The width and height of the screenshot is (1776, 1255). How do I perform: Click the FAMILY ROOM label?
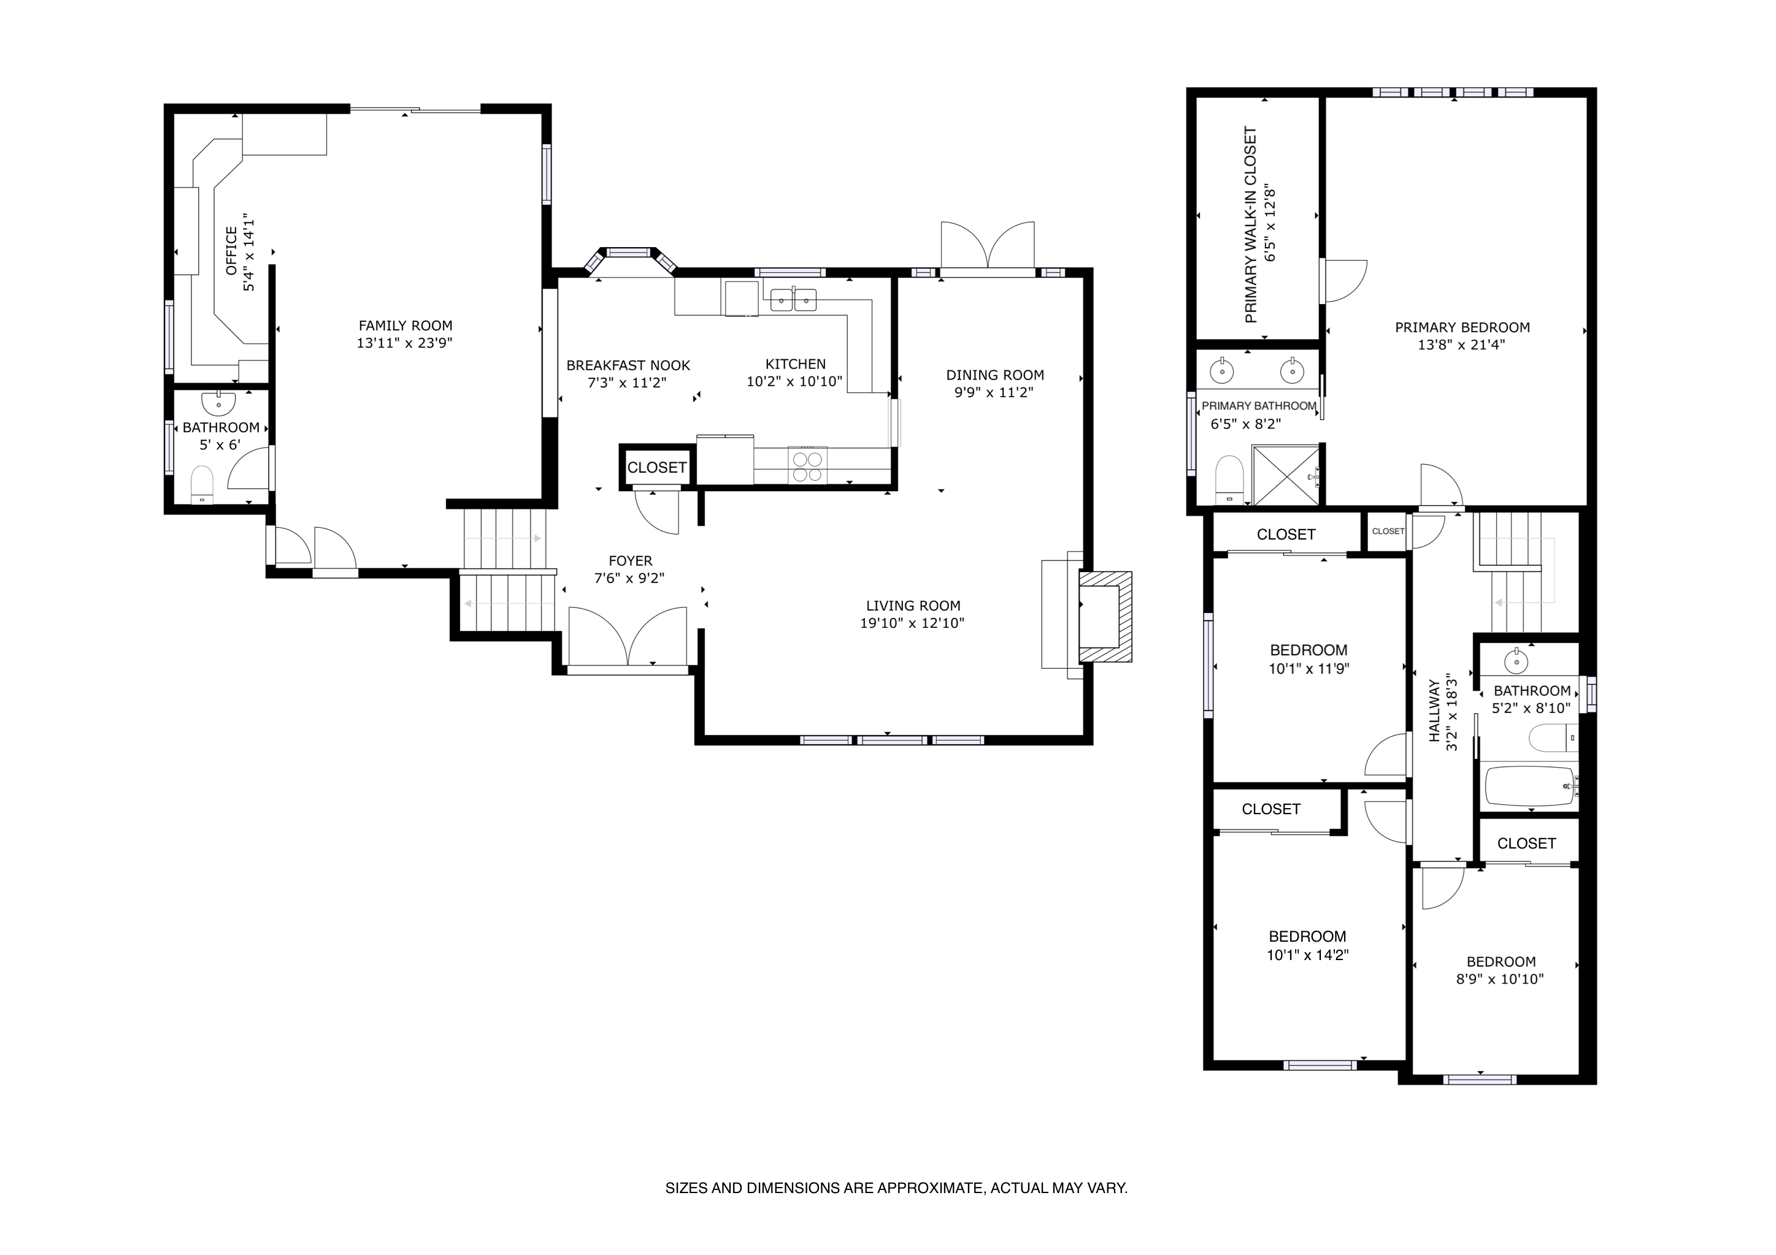pyautogui.click(x=406, y=326)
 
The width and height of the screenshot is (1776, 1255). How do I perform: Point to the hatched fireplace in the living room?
pyautogui.click(x=1105, y=616)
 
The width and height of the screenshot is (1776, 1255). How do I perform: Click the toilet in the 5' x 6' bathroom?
pyautogui.click(x=202, y=484)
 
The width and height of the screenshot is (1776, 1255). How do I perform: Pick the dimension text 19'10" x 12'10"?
pyautogui.click(x=912, y=624)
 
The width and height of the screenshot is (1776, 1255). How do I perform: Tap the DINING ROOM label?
pyautogui.click(x=995, y=376)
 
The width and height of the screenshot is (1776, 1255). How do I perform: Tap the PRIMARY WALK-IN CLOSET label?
pyautogui.click(x=1251, y=225)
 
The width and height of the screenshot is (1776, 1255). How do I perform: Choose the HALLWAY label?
pyautogui.click(x=1435, y=711)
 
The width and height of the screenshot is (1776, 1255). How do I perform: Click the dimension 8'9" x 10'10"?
pyautogui.click(x=1500, y=979)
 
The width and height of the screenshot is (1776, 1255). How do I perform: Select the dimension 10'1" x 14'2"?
pyautogui.click(x=1307, y=955)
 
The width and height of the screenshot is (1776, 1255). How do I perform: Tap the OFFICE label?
pyautogui.click(x=231, y=251)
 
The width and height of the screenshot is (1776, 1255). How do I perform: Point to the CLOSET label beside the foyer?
pyautogui.click(x=656, y=468)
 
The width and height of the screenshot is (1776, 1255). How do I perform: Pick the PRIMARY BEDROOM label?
pyautogui.click(x=1462, y=328)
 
